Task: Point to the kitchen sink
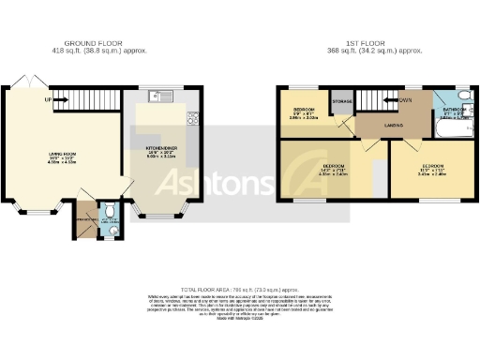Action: (157, 96)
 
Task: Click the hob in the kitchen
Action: (193, 118)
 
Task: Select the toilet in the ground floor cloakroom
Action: (110, 212)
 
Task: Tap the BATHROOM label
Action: (446, 111)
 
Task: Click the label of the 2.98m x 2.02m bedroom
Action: (302, 112)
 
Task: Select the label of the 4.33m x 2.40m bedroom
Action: (333, 167)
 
